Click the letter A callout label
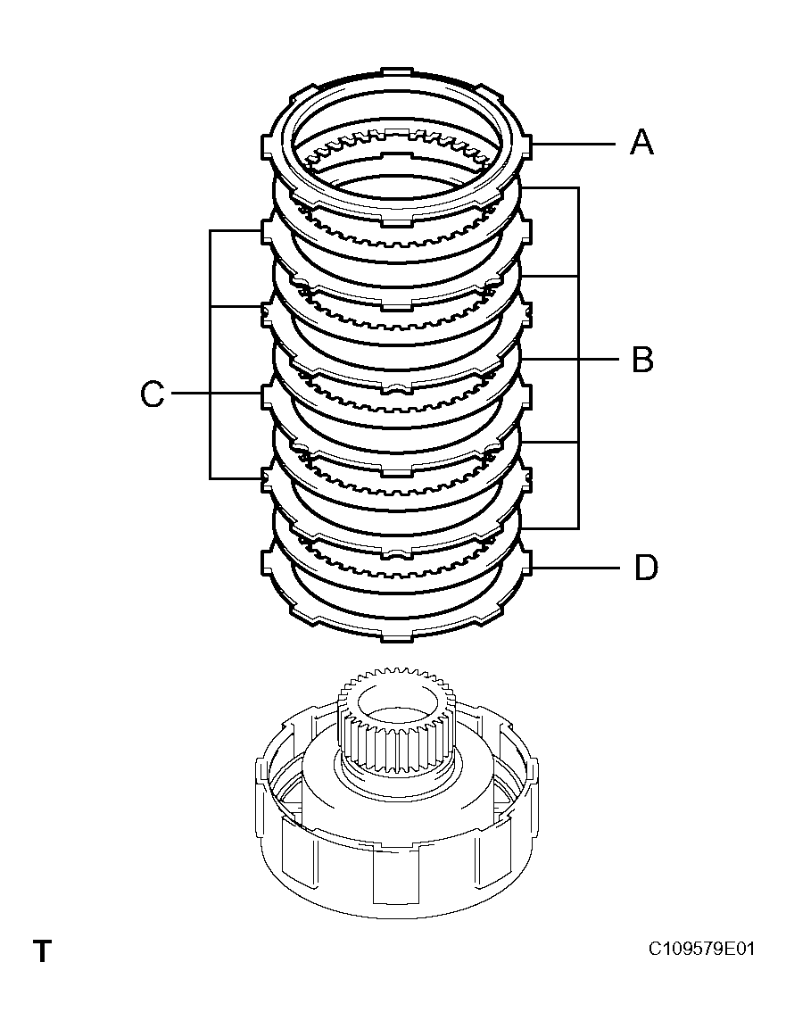pos(641,142)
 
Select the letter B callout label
pos(641,360)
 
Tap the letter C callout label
pos(153,394)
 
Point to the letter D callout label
pos(645,568)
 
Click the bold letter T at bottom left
pos(42,951)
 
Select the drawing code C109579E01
pos(701,949)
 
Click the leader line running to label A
pos(575,143)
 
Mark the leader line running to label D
pos(575,568)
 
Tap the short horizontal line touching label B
pos(599,360)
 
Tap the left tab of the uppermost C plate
pos(266,231)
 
